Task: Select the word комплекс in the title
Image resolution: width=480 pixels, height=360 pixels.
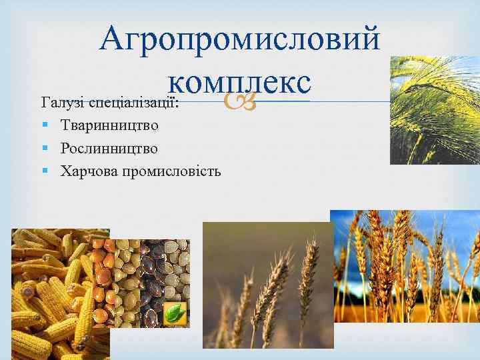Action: pos(240,83)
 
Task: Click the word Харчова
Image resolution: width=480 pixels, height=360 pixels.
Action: pos(87,171)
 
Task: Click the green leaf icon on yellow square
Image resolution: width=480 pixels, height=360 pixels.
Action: pos(175,314)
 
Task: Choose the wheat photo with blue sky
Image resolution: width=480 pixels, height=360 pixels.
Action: pos(405,267)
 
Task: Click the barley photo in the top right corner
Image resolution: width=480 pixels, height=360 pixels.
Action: pos(435,110)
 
